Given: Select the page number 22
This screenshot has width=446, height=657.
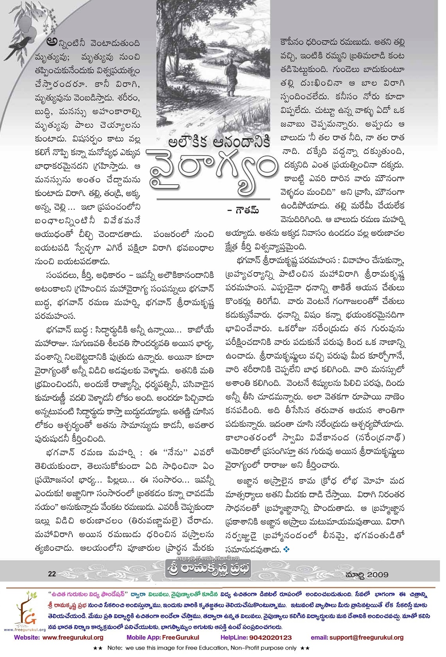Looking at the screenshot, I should click(x=52, y=574).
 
